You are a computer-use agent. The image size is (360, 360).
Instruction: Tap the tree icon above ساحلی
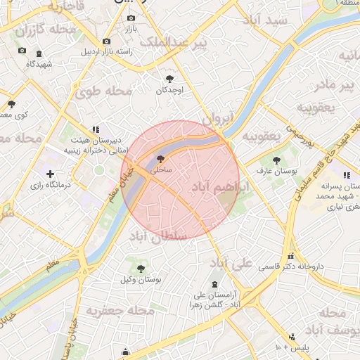(x=161, y=160)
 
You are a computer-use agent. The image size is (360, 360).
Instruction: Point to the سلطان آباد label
(x=158, y=236)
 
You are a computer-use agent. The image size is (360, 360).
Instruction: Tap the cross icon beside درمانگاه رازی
(x=49, y=174)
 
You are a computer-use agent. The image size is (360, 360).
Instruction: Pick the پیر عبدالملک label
(x=174, y=44)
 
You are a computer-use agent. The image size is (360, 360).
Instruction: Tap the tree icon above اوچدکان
(x=169, y=79)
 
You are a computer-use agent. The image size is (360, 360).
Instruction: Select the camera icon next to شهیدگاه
(x=22, y=51)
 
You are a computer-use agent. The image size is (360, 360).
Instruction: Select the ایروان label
(x=217, y=121)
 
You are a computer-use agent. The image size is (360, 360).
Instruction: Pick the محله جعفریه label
(x=120, y=309)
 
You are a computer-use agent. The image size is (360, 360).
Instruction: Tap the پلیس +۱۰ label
(x=292, y=347)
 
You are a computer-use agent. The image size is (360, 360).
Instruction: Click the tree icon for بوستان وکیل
(x=141, y=268)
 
